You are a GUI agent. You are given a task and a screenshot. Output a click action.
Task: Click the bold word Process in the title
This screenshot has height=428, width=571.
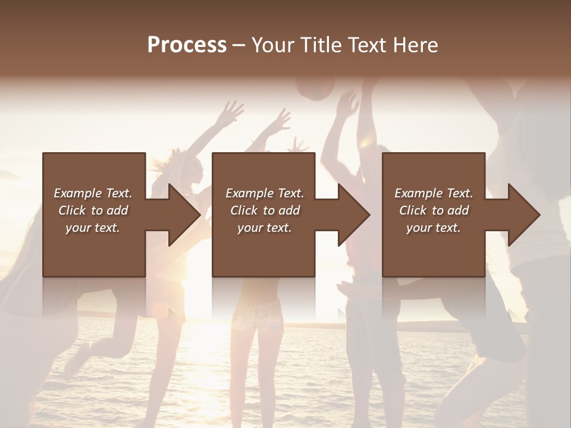point(187,45)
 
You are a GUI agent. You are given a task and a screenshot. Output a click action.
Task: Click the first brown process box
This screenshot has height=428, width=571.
point(94,250)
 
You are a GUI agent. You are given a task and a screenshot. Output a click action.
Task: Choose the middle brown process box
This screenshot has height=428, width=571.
point(263,250)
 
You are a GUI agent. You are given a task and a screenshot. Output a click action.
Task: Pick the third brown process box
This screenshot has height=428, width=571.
point(434,250)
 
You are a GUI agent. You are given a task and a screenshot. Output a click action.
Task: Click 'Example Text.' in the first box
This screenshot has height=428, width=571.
point(93,193)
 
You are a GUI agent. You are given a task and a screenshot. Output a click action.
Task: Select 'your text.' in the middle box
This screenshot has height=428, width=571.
point(264,228)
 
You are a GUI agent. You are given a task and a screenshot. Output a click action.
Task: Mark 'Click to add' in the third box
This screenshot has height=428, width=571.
point(434,210)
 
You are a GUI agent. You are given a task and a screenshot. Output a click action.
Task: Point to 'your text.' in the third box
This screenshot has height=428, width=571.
point(434,228)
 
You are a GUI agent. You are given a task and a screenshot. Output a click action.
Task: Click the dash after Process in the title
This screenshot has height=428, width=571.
point(239,45)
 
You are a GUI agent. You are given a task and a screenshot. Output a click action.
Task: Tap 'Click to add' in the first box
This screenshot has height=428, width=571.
point(93,210)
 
